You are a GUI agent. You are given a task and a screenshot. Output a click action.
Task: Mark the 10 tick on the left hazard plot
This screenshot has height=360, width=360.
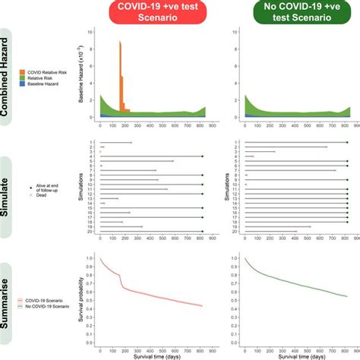pos(92,32)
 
